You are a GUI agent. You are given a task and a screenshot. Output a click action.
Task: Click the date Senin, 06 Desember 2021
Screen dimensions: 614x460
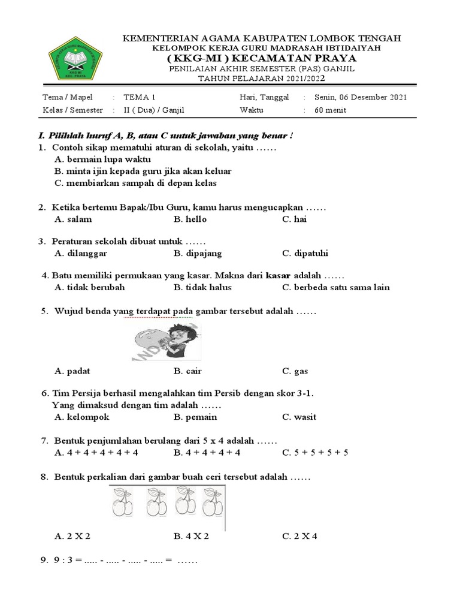(x=356, y=97)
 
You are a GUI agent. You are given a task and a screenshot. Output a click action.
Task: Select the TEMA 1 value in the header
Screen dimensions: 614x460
(x=139, y=97)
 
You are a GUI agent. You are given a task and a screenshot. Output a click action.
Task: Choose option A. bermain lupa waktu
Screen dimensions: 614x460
(x=102, y=159)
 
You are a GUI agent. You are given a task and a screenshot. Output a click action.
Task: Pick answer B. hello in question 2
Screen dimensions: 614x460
(x=190, y=219)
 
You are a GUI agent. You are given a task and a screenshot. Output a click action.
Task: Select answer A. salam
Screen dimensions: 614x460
(x=73, y=219)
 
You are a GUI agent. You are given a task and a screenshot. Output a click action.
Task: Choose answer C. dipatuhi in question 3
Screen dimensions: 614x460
(x=305, y=253)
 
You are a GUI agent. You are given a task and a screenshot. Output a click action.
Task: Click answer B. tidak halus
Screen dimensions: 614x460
(x=202, y=287)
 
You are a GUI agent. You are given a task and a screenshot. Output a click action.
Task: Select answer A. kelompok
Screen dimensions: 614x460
(x=82, y=417)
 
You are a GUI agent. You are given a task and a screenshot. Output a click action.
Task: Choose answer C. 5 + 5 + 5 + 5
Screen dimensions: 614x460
(x=315, y=452)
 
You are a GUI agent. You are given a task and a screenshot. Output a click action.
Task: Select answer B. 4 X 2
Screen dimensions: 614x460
(x=191, y=535)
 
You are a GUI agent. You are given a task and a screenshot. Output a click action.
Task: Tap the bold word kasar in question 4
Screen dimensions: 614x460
(x=277, y=275)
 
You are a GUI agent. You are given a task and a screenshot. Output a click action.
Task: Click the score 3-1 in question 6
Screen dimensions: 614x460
(x=302, y=393)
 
